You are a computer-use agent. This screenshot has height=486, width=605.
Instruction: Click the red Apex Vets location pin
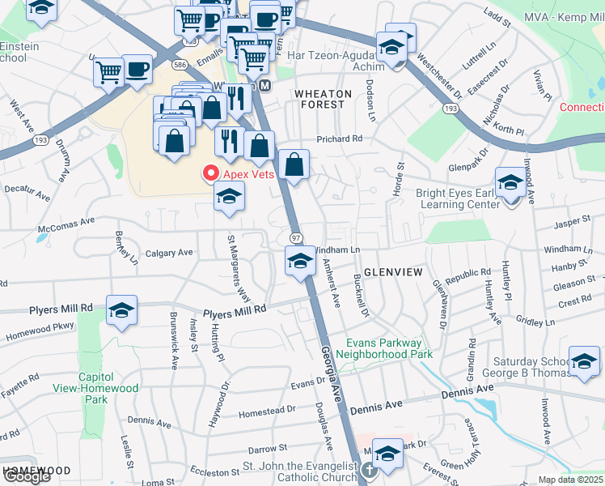pyautogui.click(x=211, y=173)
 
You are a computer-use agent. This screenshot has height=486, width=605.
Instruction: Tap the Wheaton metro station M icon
pyautogui.click(x=264, y=85)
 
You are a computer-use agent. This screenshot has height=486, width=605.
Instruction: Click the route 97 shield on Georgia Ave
pyautogui.click(x=296, y=237)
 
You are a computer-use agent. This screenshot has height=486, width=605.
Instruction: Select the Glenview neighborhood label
pyautogui.click(x=392, y=272)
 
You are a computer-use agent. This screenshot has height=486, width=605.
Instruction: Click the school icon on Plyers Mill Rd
pyautogui.click(x=121, y=312)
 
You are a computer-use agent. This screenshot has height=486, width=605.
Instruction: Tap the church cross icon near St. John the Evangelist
pyautogui.click(x=369, y=469)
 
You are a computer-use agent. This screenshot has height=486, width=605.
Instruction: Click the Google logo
pyautogui.click(x=26, y=476)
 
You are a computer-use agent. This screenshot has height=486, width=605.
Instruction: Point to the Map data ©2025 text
pyautogui.click(x=571, y=480)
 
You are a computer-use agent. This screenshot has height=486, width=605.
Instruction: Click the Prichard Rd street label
pyautogui.click(x=340, y=139)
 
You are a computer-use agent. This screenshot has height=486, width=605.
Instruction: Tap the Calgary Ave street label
pyautogui.click(x=169, y=253)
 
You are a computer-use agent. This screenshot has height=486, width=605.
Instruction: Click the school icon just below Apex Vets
pyautogui.click(x=230, y=196)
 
